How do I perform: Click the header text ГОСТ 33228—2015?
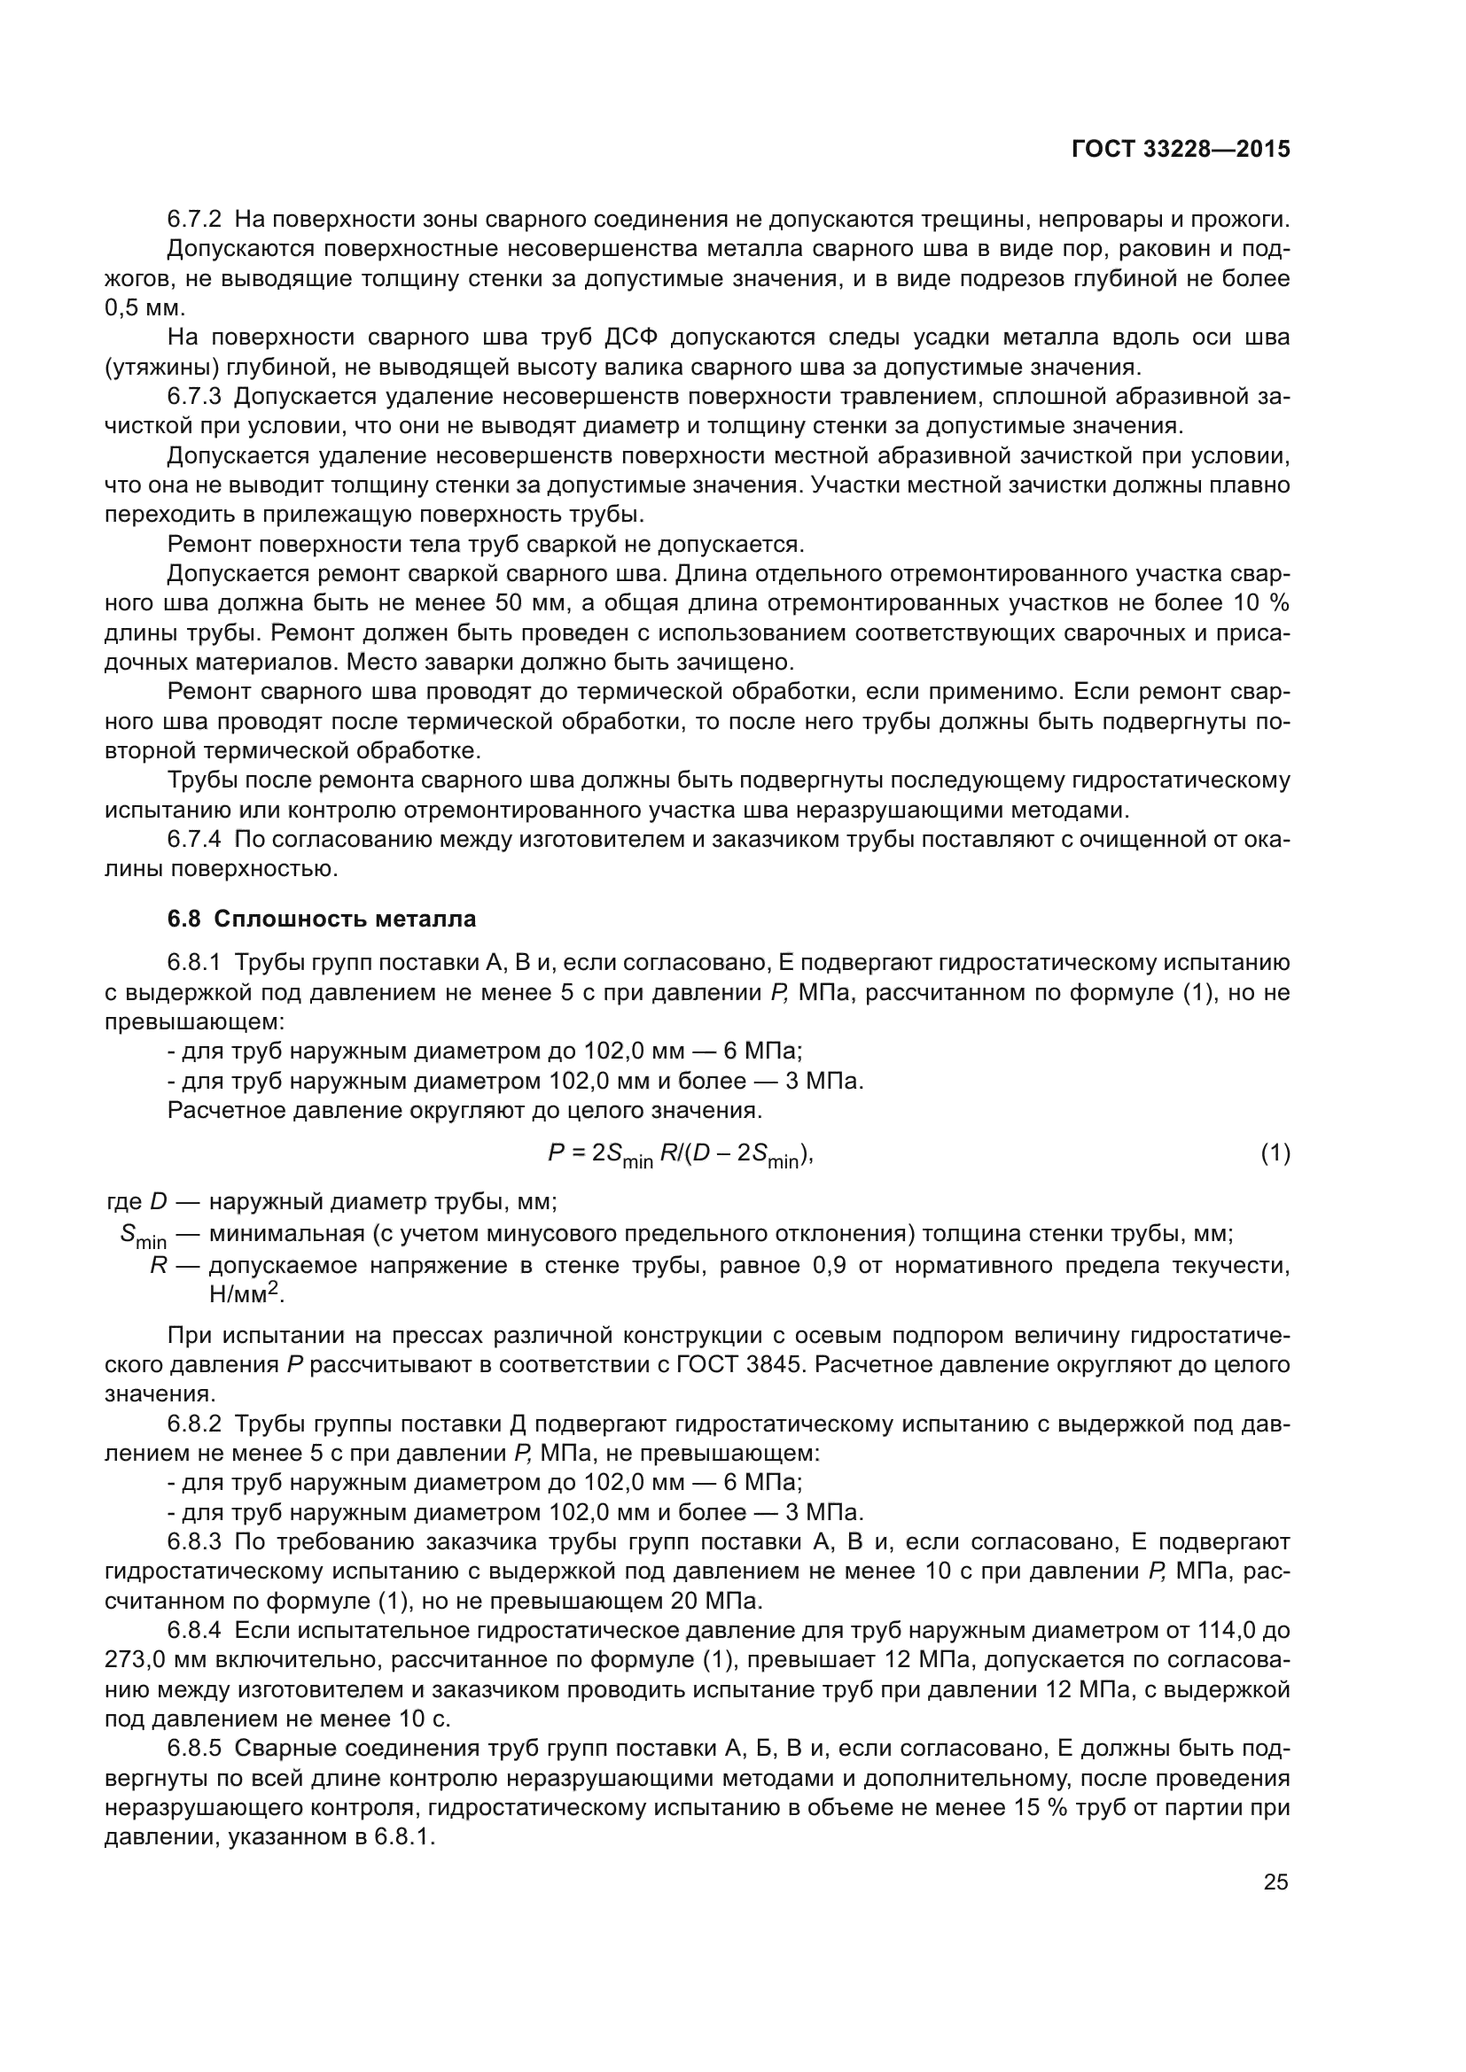click(1180, 149)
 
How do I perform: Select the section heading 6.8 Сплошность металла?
click(322, 919)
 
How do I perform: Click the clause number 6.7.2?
click(194, 220)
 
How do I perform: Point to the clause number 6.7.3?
click(194, 396)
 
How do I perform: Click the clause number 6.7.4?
click(194, 839)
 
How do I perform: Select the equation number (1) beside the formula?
click(1275, 1153)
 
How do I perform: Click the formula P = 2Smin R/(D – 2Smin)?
click(681, 1155)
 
